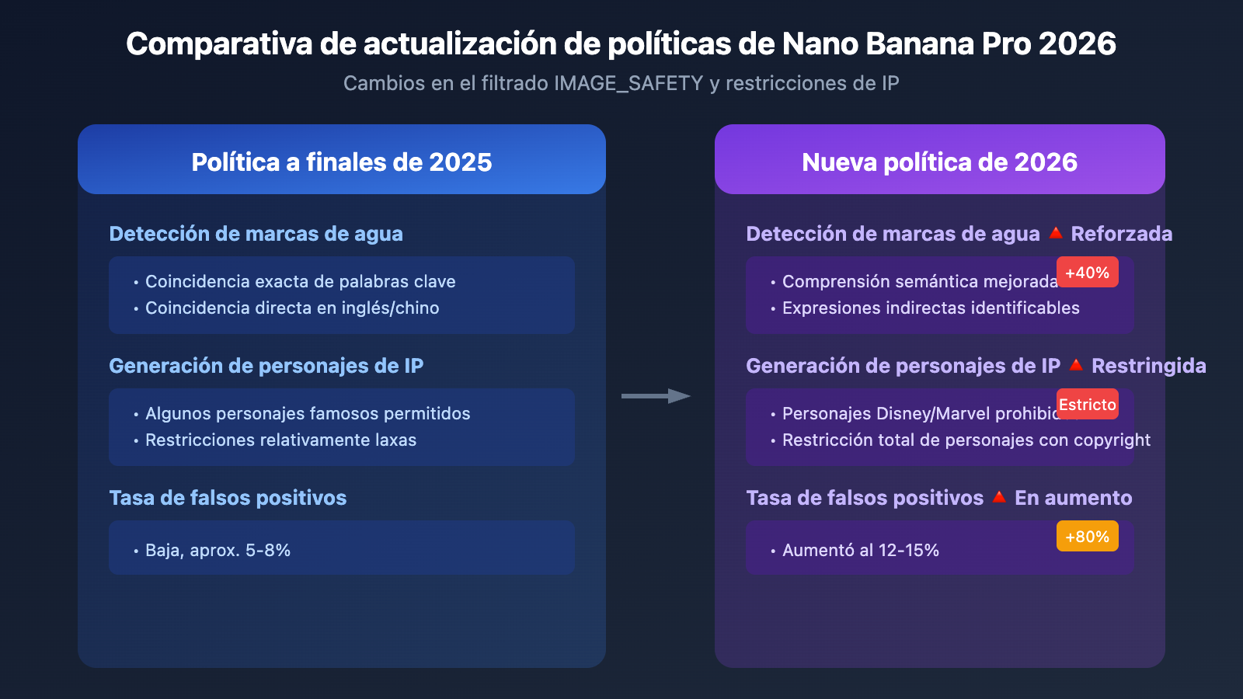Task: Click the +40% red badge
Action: tap(1087, 273)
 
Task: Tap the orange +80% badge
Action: tap(1087, 537)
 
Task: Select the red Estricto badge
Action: tap(1087, 405)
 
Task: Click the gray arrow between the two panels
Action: tap(656, 396)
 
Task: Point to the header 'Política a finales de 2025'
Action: tap(342, 162)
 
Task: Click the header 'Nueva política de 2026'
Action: tap(939, 162)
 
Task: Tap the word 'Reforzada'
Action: tap(1121, 234)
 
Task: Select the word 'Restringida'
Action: tap(1148, 366)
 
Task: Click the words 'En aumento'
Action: tap(1073, 498)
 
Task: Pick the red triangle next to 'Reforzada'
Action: tap(1055, 233)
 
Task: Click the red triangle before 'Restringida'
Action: tap(1076, 365)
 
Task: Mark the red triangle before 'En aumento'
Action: tap(999, 497)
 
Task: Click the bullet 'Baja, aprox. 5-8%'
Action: tap(218, 551)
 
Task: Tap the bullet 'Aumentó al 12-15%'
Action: tap(860, 551)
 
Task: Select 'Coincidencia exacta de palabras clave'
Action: tap(300, 282)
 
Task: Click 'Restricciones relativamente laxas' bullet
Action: tap(280, 440)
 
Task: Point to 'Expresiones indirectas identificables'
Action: tap(931, 308)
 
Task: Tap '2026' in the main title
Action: tap(1077, 44)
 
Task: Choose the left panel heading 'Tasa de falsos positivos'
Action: tap(228, 498)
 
